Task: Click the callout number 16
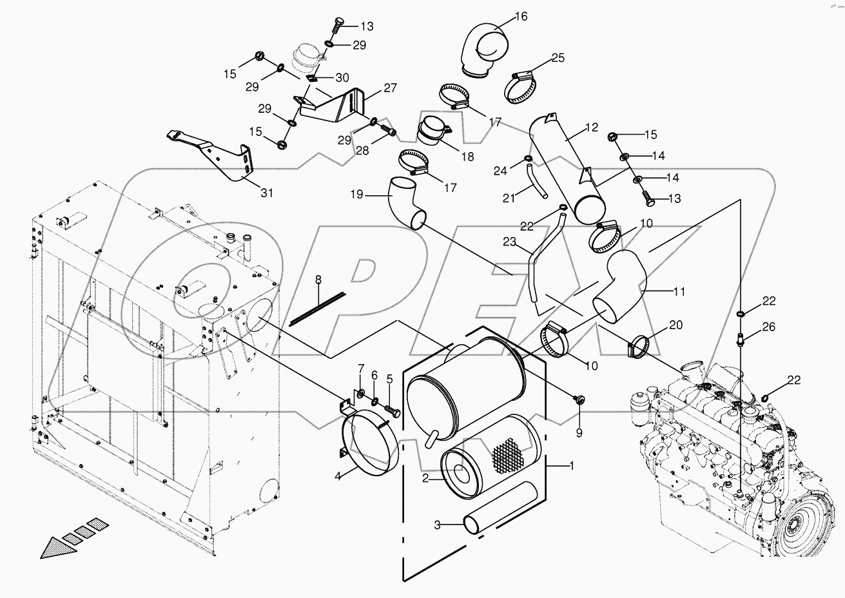520,17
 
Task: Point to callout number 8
317,280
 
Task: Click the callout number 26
768,327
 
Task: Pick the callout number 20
675,325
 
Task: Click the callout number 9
579,433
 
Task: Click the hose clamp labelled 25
523,88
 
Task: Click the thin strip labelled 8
317,307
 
